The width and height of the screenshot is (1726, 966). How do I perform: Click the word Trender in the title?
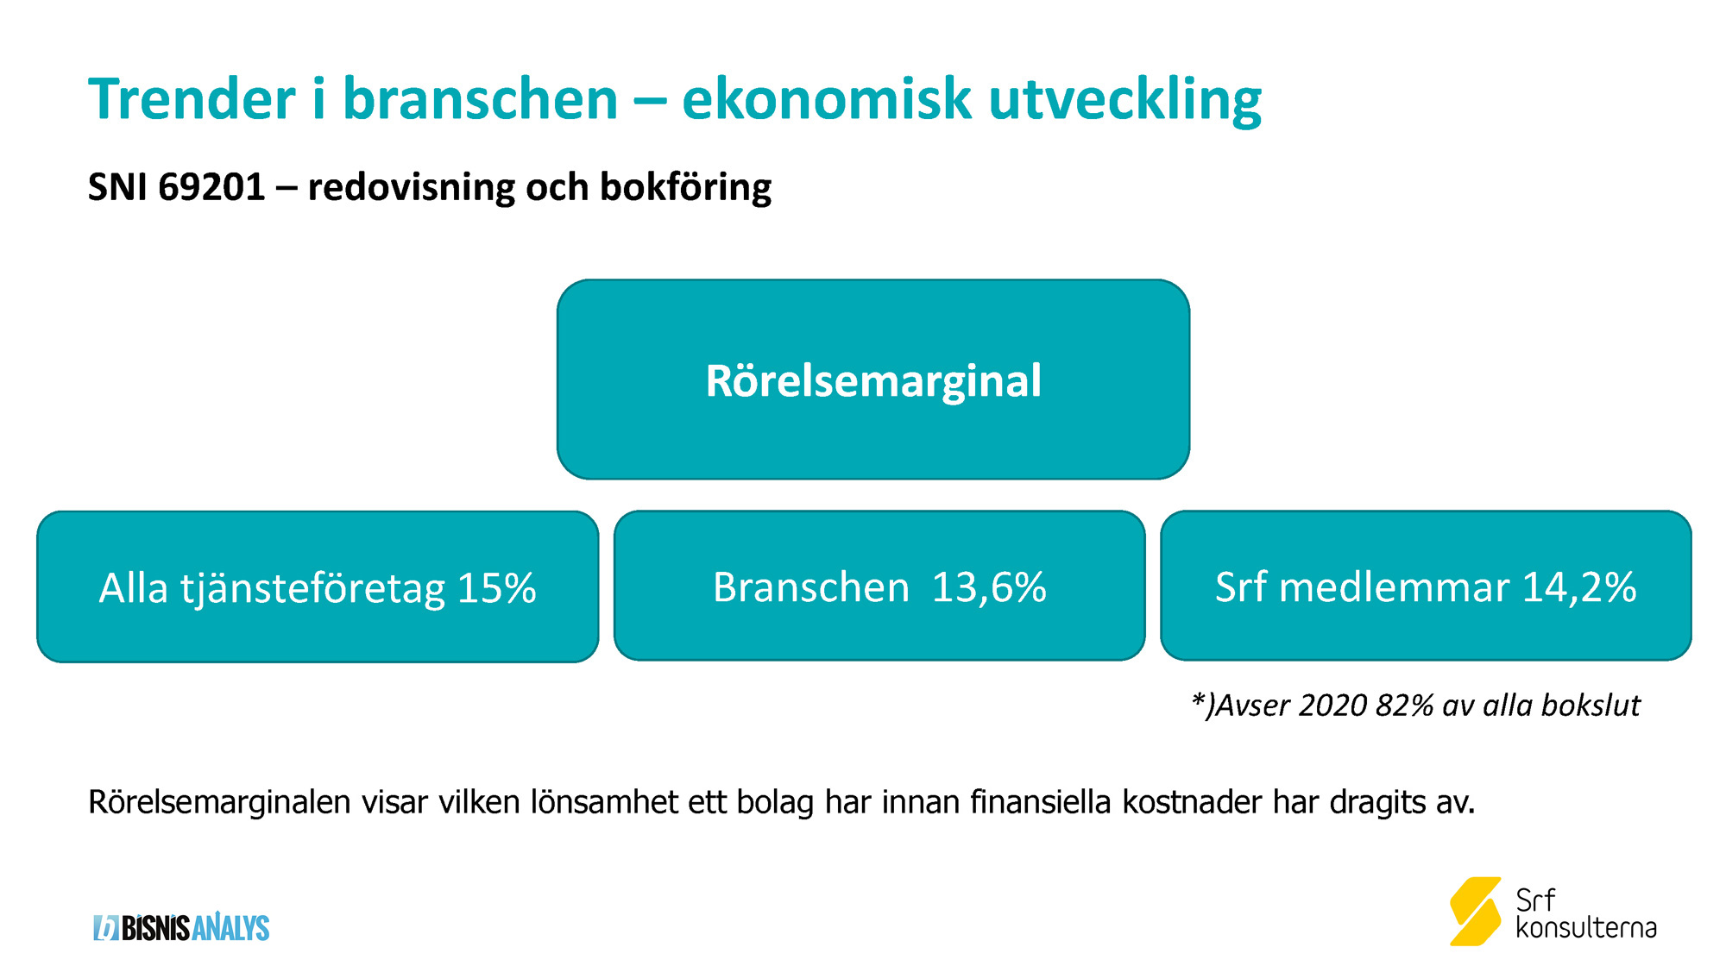[x=192, y=98]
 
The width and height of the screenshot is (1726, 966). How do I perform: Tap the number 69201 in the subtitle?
[x=211, y=187]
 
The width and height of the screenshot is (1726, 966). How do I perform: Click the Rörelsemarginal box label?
[x=873, y=380]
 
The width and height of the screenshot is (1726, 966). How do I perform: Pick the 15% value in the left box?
[x=496, y=588]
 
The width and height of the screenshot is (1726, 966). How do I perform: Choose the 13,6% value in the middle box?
[x=989, y=587]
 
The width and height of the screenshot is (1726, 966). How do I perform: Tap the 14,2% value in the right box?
[x=1578, y=587]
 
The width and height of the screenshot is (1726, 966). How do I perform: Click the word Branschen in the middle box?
[x=811, y=587]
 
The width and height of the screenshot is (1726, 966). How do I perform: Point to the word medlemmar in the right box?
[x=1394, y=587]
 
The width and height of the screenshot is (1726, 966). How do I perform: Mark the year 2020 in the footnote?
[x=1332, y=706]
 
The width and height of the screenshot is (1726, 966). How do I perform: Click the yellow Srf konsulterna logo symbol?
[x=1476, y=911]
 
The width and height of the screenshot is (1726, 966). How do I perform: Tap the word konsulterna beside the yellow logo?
[x=1586, y=928]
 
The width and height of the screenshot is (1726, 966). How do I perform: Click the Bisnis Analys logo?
[x=181, y=927]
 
